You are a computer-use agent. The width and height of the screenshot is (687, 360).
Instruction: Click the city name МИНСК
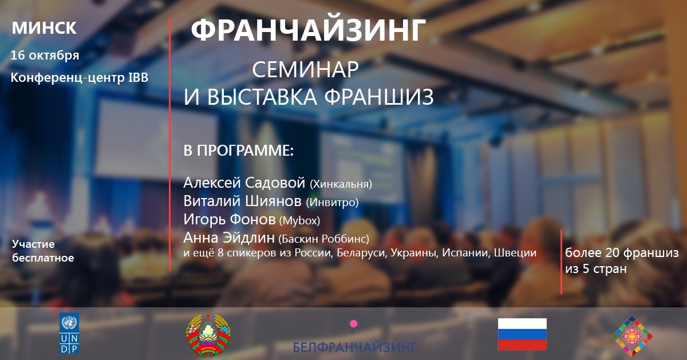click(x=44, y=28)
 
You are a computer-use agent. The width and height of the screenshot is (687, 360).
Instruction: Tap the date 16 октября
click(x=45, y=56)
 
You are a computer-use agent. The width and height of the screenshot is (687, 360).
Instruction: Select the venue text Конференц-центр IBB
click(x=80, y=78)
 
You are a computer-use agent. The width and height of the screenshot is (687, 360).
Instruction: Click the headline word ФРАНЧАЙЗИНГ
click(x=308, y=30)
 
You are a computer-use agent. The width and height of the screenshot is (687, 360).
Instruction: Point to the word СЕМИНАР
click(x=306, y=69)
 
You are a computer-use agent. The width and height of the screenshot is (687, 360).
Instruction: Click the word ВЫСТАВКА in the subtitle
click(x=262, y=97)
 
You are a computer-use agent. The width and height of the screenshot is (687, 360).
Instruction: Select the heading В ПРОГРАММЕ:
click(x=239, y=151)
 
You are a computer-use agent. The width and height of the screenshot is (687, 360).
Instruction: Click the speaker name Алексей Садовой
click(x=244, y=183)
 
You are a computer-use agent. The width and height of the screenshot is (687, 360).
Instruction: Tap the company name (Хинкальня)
click(x=341, y=184)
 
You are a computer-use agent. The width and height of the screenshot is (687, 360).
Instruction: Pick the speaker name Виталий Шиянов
click(x=242, y=201)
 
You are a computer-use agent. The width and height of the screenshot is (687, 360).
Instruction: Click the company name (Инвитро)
click(x=332, y=203)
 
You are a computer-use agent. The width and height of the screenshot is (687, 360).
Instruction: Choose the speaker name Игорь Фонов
click(x=230, y=219)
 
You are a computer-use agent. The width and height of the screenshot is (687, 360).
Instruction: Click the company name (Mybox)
click(x=299, y=220)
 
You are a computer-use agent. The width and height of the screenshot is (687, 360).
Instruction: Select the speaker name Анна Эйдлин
click(x=229, y=238)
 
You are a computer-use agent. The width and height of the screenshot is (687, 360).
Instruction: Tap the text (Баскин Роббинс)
click(x=323, y=239)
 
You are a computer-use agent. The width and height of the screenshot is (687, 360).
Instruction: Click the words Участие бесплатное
click(x=43, y=251)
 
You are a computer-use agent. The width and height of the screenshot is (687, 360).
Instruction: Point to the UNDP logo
click(x=69, y=333)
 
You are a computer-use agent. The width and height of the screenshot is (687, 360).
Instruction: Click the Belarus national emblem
click(x=208, y=335)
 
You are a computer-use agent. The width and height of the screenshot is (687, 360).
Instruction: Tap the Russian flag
click(x=522, y=334)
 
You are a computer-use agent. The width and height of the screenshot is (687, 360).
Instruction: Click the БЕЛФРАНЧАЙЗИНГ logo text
click(x=354, y=347)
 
